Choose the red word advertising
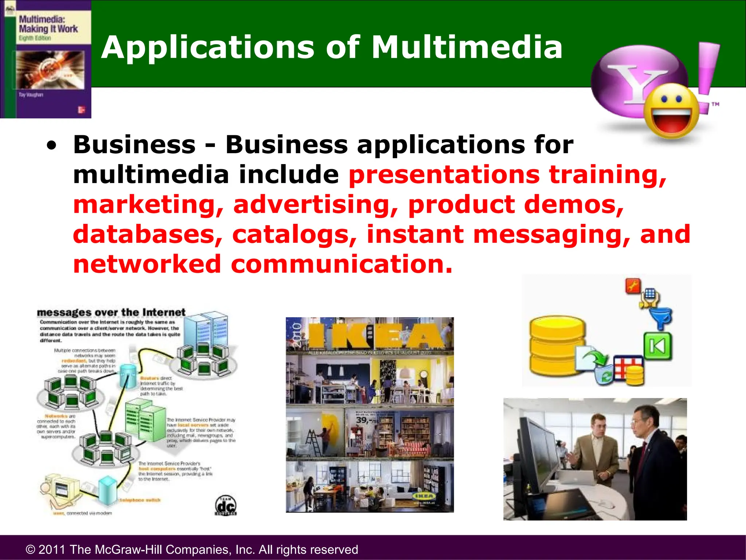click(315, 205)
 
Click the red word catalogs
click(294, 235)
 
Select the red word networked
click(147, 264)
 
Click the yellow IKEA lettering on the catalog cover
click(375, 335)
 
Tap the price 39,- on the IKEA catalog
click(367, 420)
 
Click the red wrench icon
click(633, 286)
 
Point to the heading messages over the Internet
click(111, 312)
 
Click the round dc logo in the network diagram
click(226, 505)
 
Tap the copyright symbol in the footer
click(31, 549)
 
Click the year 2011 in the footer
click(52, 549)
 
